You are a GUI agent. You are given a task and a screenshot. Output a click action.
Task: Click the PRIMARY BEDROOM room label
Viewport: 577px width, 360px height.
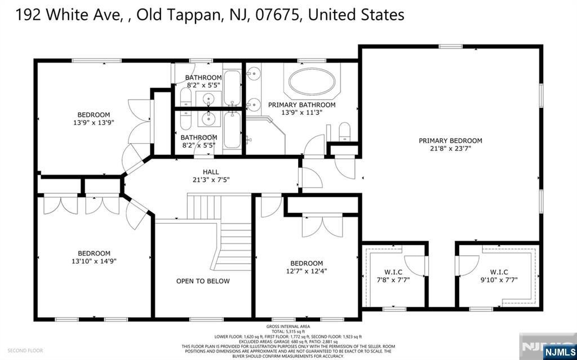click(x=450, y=141)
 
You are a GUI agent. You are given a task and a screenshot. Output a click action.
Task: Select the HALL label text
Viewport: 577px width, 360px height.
click(x=211, y=172)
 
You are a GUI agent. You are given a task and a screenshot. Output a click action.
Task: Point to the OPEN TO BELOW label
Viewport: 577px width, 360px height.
click(x=203, y=281)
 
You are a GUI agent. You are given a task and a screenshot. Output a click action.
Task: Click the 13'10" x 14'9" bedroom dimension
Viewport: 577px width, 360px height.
click(x=94, y=261)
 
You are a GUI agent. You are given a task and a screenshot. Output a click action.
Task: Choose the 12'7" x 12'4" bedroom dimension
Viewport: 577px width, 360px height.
click(x=307, y=271)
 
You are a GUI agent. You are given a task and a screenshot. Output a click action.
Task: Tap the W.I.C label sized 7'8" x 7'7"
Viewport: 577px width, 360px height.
click(x=393, y=272)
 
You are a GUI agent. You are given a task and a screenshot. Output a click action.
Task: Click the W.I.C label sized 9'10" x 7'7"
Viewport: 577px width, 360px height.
click(x=499, y=272)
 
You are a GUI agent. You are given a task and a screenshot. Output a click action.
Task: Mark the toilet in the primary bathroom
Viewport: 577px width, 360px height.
click(x=345, y=133)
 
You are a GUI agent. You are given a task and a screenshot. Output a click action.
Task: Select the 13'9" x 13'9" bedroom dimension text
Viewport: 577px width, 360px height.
click(x=94, y=123)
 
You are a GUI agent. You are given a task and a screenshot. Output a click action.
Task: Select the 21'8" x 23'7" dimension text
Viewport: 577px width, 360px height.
click(x=450, y=149)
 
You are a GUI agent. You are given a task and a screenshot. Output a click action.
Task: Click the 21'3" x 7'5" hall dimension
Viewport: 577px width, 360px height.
click(x=211, y=180)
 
